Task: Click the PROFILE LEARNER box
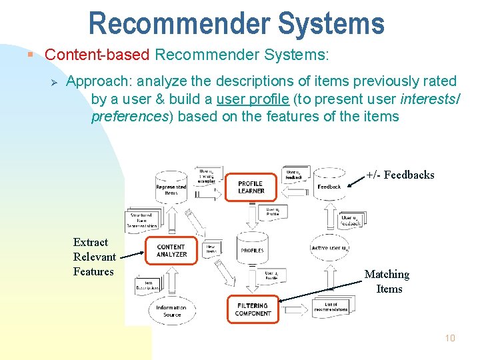pos(251,187)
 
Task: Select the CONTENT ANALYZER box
pos(171,251)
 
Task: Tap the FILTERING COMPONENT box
pos(253,309)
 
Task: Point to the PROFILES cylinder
pos(252,250)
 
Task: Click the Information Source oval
pos(171,311)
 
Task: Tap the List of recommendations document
pos(331,307)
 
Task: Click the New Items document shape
pos(211,249)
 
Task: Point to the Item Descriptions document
pos(148,286)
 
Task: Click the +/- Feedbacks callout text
pos(400,175)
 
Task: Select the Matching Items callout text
pos(387,281)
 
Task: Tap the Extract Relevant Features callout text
pos(94,257)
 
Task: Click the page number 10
pos(450,339)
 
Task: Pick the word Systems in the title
pos(332,23)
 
